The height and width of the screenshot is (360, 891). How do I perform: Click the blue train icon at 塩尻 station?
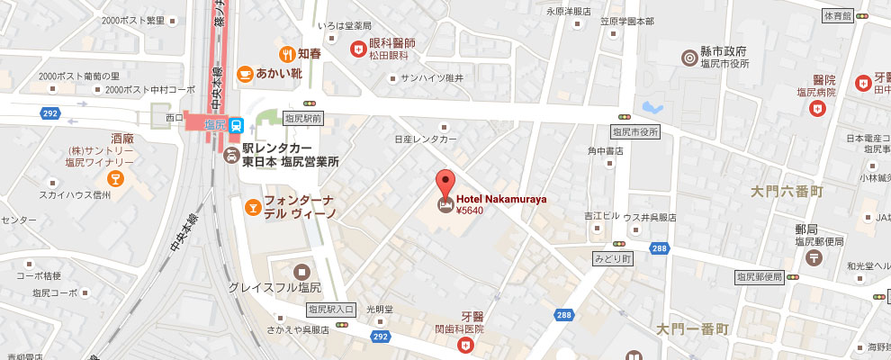235,125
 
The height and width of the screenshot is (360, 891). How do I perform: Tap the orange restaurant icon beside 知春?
287,53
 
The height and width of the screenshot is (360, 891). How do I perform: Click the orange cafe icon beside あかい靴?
243,74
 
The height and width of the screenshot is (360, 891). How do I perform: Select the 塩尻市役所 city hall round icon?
689,56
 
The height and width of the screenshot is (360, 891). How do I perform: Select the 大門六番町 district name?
787,192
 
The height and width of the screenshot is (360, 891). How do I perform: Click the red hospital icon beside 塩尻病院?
817,109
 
